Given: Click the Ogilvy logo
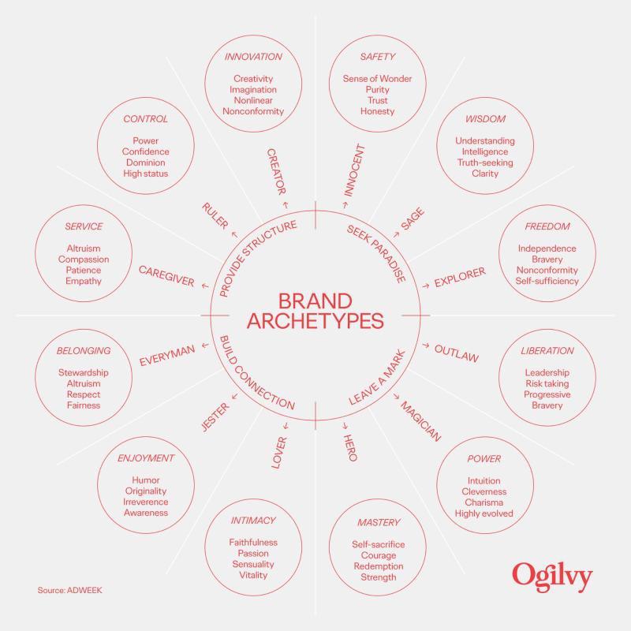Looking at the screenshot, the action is pyautogui.click(x=552, y=577).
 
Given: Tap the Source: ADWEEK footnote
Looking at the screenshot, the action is pyautogui.click(x=69, y=590).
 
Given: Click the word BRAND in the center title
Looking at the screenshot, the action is pyautogui.click(x=315, y=301).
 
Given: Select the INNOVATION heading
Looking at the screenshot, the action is pyautogui.click(x=253, y=57).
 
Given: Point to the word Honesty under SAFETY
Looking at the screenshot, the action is pyautogui.click(x=377, y=111).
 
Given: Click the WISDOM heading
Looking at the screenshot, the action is pyautogui.click(x=485, y=119).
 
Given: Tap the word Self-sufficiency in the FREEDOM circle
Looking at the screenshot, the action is pyautogui.click(x=547, y=281).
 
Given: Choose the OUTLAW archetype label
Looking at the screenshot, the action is pyautogui.click(x=457, y=353).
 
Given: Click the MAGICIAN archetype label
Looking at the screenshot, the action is pyautogui.click(x=420, y=421).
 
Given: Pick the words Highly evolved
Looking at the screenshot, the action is pyautogui.click(x=484, y=513).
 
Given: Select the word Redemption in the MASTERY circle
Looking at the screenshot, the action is pyautogui.click(x=379, y=566).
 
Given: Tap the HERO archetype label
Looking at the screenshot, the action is pyautogui.click(x=349, y=447).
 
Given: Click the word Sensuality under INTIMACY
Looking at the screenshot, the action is pyautogui.click(x=253, y=564).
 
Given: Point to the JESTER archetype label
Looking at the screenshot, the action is pyautogui.click(x=215, y=417).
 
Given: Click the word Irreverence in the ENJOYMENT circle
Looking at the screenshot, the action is pyautogui.click(x=146, y=502).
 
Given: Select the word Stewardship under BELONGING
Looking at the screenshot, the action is pyautogui.click(x=84, y=372).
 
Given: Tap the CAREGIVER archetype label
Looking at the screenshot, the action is pyautogui.click(x=166, y=276).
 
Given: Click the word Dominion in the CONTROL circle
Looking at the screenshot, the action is pyautogui.click(x=146, y=162).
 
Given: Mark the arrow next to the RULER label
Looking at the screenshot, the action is pyautogui.click(x=234, y=234).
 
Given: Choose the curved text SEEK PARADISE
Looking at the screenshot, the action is pyautogui.click(x=376, y=253).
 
